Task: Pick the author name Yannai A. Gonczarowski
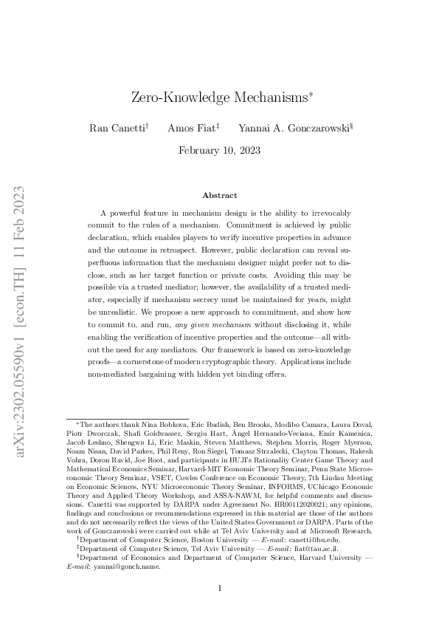(281, 128)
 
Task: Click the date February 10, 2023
(219, 149)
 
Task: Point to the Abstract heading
(219, 195)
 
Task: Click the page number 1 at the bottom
(219, 588)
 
